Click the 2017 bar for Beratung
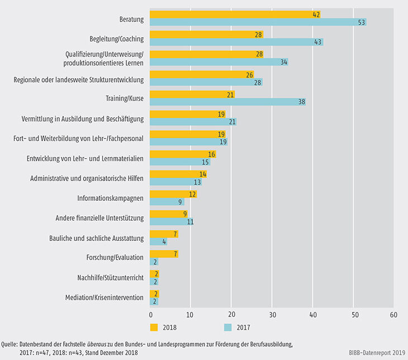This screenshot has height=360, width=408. pyautogui.click(x=258, y=22)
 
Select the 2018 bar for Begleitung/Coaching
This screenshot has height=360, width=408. pyautogui.click(x=206, y=35)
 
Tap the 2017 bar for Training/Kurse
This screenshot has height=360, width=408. pyautogui.click(x=227, y=102)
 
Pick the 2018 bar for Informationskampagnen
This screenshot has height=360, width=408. pyautogui.click(x=173, y=194)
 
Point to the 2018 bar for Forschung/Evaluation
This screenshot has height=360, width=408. pyautogui.click(x=164, y=254)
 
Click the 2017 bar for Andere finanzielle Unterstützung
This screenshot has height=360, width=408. pyautogui.click(x=172, y=221)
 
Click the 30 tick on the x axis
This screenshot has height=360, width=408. pyautogui.click(x=272, y=315)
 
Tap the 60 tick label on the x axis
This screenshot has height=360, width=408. pyautogui.click(x=393, y=315)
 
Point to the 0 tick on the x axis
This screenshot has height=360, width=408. pyautogui.click(x=150, y=315)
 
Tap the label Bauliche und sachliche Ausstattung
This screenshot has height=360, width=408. pyautogui.click(x=96, y=238)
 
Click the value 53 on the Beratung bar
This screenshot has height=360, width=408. pyautogui.click(x=362, y=22)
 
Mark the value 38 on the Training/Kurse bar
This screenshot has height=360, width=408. pyautogui.click(x=301, y=102)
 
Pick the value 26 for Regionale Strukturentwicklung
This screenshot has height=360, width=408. pyautogui.click(x=249, y=74)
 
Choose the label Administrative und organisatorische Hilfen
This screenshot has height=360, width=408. pyautogui.click(x=87, y=178)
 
